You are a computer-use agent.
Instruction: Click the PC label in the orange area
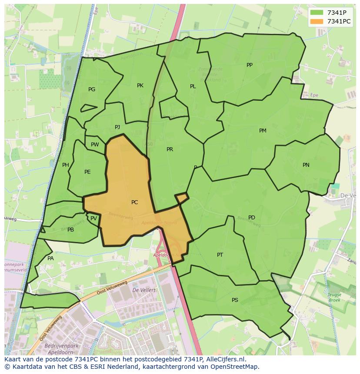coord(134,202)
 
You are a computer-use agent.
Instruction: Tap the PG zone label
coord(92,89)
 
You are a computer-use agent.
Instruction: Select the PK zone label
coord(140,86)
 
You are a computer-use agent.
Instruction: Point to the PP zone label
coord(250,65)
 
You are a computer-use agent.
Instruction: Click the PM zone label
coord(263,131)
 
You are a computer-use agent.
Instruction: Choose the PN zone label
coord(306,165)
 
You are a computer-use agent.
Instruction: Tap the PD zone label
coord(252,218)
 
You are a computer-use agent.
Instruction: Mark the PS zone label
coord(235,300)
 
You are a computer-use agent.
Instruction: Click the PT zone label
coord(220,255)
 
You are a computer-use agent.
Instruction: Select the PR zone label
coord(170,149)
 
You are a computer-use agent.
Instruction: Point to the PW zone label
coord(95,145)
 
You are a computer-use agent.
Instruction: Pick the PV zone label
coord(93,218)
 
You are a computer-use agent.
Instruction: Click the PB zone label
coord(70,230)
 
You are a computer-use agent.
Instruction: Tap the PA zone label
coord(50,258)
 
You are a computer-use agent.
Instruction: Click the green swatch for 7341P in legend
coord(317,13)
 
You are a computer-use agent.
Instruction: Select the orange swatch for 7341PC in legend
coord(317,21)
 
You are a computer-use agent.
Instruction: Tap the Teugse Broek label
coord(334,297)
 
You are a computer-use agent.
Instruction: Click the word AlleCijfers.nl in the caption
coord(225,359)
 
